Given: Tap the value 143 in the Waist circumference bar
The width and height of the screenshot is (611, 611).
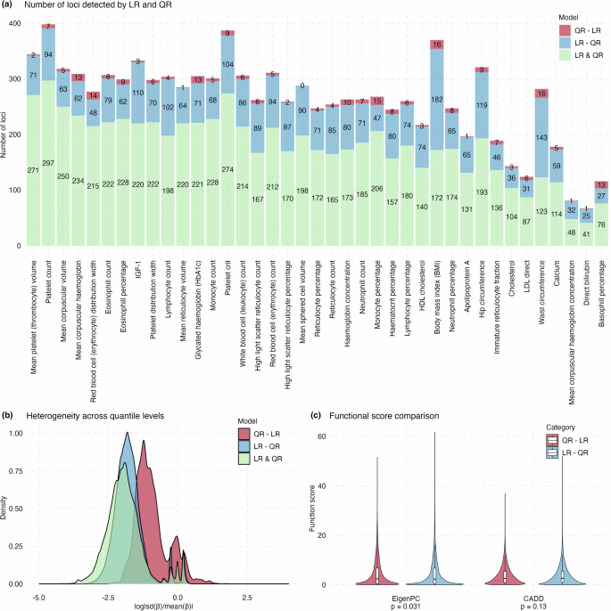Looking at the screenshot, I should (x=515, y=137).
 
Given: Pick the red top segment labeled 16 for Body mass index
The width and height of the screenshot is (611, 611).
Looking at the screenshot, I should (x=437, y=44).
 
